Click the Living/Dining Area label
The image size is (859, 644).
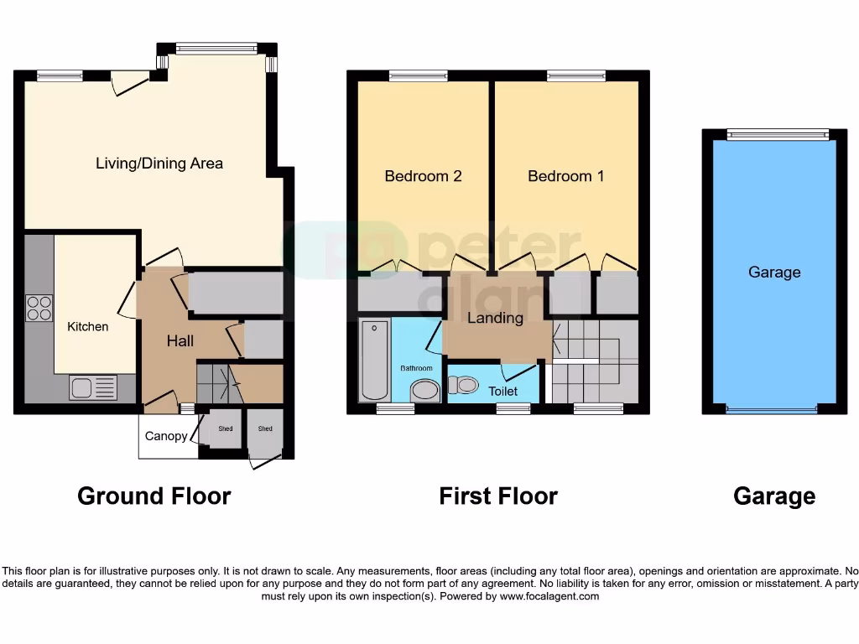tap(159, 163)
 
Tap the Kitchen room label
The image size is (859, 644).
tap(88, 326)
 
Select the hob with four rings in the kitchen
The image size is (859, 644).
tap(39, 308)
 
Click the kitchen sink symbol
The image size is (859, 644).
tap(92, 387)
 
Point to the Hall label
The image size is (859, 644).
tap(180, 340)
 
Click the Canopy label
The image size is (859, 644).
tap(166, 436)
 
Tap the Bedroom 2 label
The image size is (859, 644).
tap(423, 176)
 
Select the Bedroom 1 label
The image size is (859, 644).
tap(565, 176)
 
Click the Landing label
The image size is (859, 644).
tap(495, 318)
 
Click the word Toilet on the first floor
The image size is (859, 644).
tap(502, 392)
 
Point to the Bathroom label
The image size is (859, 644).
tap(416, 368)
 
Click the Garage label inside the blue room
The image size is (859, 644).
tap(773, 272)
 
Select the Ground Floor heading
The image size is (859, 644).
tap(154, 496)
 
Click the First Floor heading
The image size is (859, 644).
tap(498, 496)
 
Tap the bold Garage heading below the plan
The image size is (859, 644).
tap(773, 496)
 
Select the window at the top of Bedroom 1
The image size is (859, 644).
tap(575, 76)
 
